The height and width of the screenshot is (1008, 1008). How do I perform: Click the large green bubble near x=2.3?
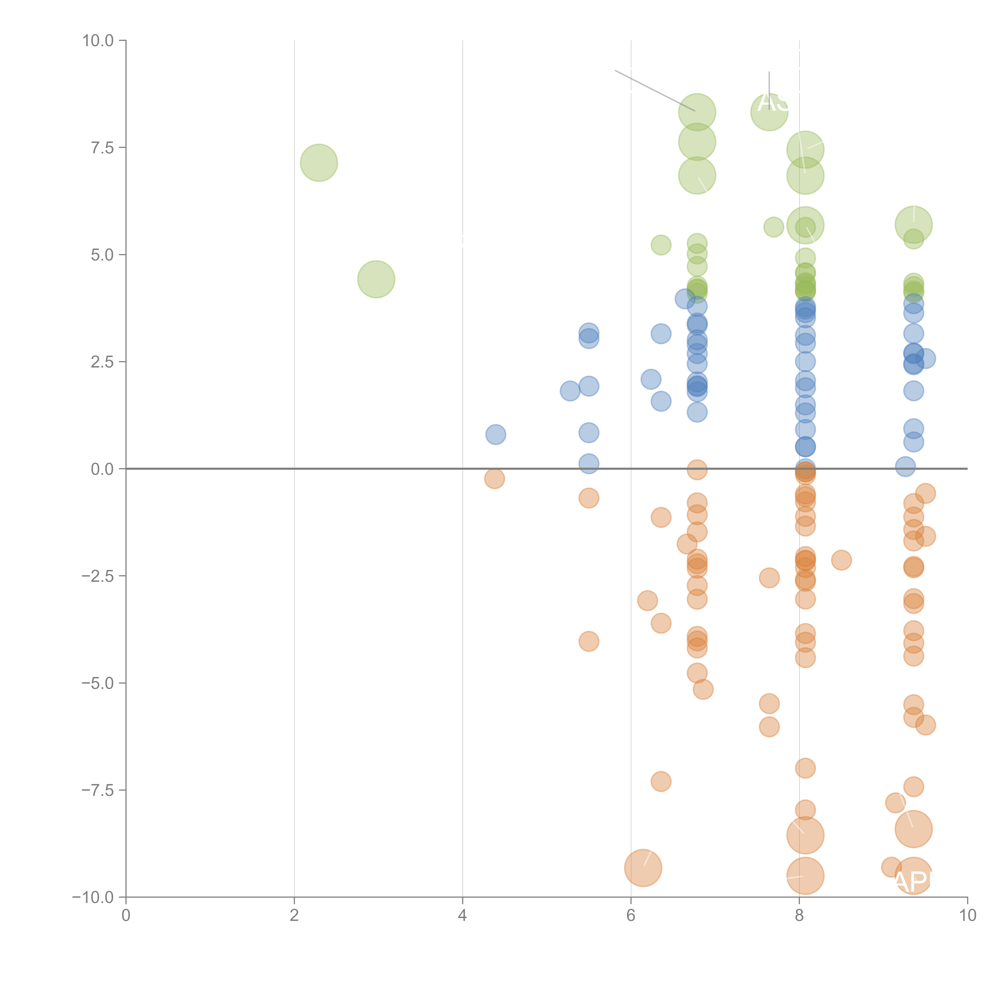[x=319, y=163]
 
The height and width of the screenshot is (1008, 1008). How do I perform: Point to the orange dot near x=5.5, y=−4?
[x=588, y=641]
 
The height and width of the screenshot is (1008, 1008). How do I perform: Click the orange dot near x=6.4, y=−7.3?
[x=660, y=781]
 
